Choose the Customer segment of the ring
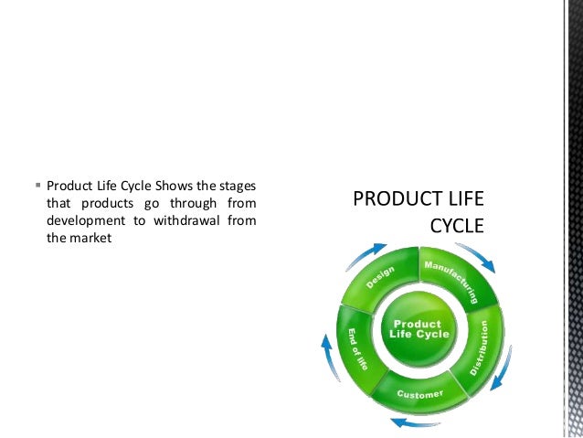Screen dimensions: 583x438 point(419,392)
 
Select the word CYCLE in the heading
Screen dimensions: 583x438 point(456,225)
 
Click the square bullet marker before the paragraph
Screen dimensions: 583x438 point(37,182)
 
